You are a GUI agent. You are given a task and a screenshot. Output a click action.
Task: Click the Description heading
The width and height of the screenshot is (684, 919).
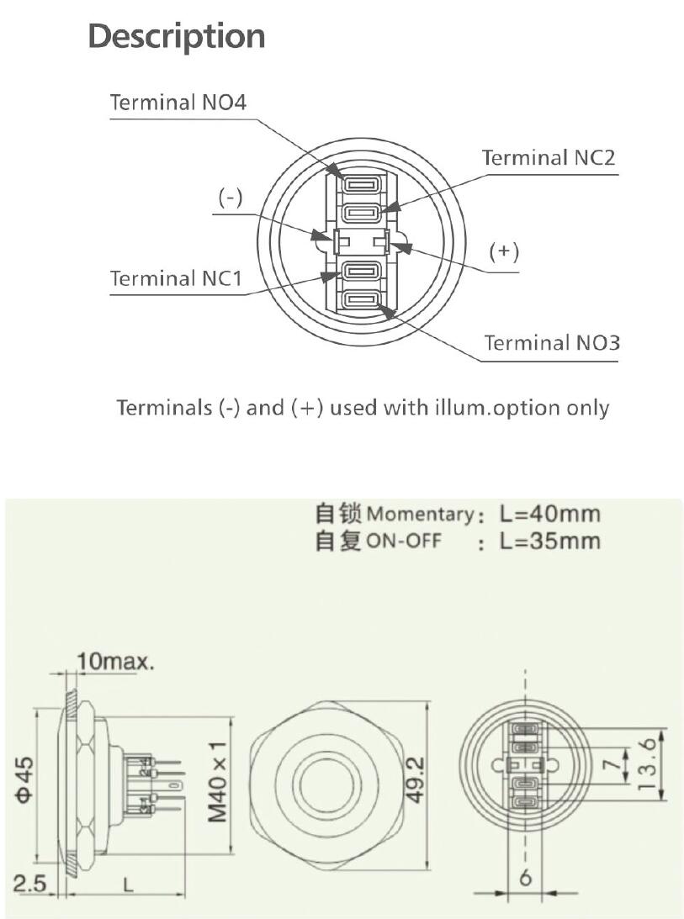click(x=177, y=36)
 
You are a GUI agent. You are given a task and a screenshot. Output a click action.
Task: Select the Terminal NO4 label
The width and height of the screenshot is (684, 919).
click(x=178, y=103)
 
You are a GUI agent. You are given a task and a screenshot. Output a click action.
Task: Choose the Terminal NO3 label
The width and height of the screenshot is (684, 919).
click(x=552, y=343)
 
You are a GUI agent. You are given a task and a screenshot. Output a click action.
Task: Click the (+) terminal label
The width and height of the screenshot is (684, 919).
click(x=504, y=252)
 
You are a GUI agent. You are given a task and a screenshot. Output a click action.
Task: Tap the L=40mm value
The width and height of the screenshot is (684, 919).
click(x=549, y=514)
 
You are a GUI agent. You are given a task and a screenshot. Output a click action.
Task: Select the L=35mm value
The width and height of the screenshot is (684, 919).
click(x=549, y=541)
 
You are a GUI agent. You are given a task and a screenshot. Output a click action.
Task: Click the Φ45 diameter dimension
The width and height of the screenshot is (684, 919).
click(x=25, y=783)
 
